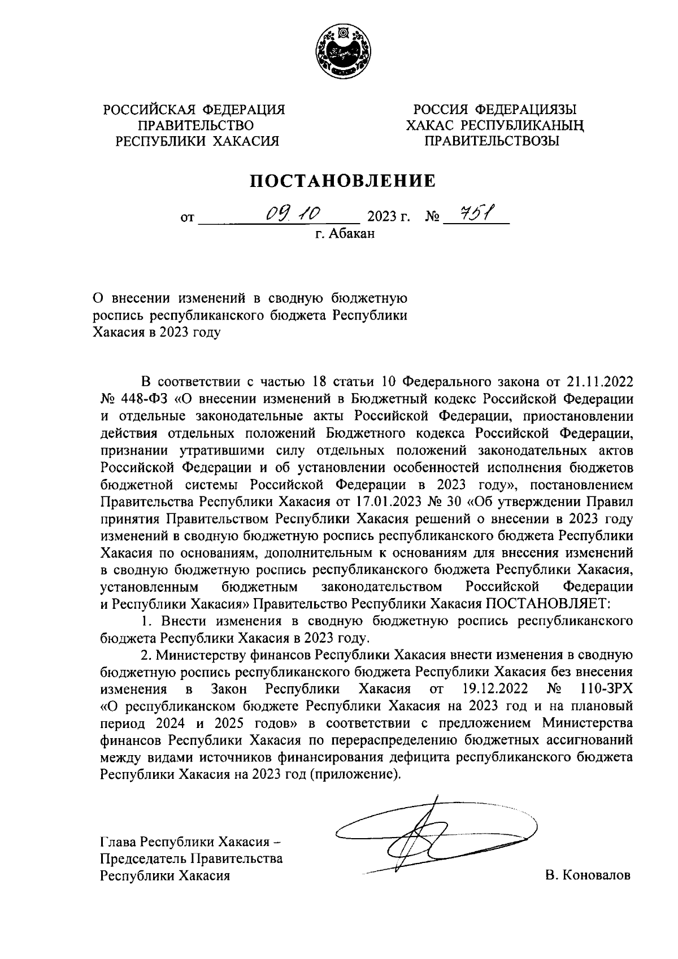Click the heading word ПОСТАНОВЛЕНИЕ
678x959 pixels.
(343, 181)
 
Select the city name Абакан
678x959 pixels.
(351, 233)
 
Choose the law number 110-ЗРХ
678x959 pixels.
(606, 689)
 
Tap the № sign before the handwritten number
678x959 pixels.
(432, 217)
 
